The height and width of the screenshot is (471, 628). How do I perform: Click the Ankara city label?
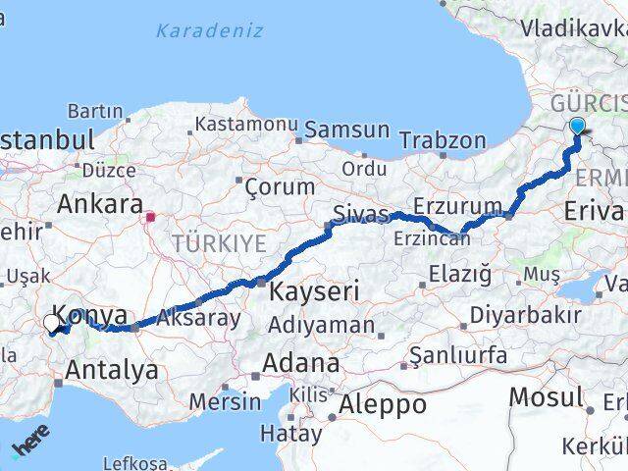coord(100,204)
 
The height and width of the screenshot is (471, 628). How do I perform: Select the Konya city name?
coord(89,316)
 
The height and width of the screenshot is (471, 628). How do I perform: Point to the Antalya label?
coord(111,370)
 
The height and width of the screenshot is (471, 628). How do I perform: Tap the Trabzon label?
coord(443,139)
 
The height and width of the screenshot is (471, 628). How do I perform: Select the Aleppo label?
coord(383,403)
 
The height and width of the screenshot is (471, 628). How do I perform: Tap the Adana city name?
coord(298,363)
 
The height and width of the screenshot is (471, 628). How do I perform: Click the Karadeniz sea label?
coord(209,30)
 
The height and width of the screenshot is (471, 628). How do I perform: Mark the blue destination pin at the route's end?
coord(577,126)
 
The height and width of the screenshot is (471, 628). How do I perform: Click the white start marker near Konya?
coord(51,322)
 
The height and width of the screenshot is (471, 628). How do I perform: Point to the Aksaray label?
coord(198,318)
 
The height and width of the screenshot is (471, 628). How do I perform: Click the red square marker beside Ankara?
coord(150,218)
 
